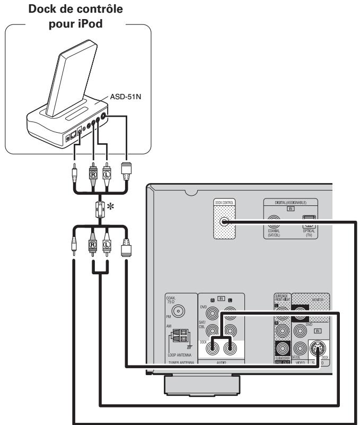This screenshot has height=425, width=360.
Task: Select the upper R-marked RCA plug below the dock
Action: (92, 172)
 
